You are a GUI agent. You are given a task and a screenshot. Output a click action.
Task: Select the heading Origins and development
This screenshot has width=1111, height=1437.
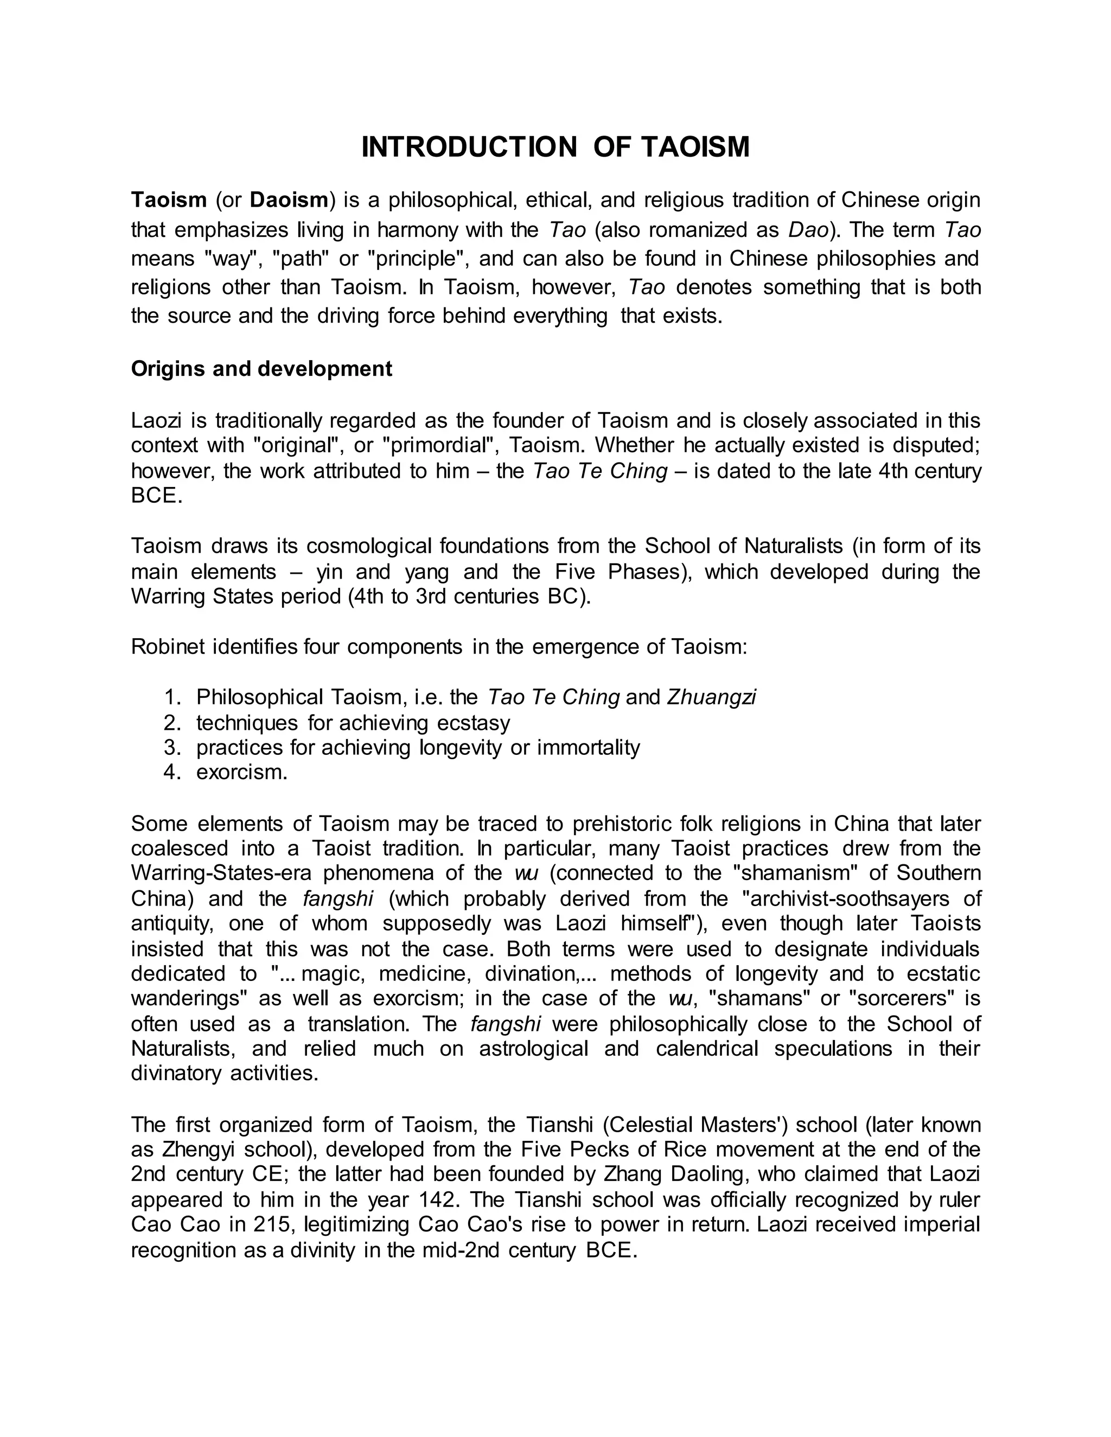(x=261, y=368)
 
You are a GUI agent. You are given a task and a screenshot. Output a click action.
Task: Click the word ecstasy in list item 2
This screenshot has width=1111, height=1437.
(x=473, y=722)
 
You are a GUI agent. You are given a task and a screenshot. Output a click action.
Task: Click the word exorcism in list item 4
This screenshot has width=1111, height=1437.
(x=241, y=772)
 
